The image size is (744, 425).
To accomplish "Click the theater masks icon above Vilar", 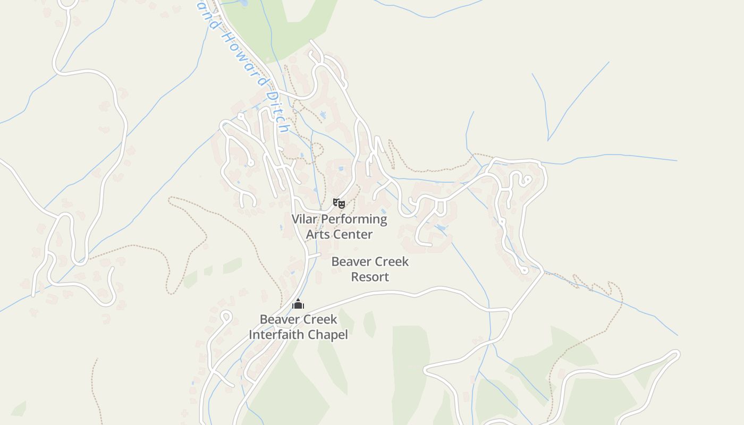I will pyautogui.click(x=339, y=203).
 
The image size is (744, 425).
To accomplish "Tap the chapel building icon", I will pyautogui.click(x=298, y=304).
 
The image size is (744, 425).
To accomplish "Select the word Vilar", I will pyautogui.click(x=305, y=219).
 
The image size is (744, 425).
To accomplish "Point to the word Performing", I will pyautogui.click(x=354, y=219).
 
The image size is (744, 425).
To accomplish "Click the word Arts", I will pyautogui.click(x=318, y=234).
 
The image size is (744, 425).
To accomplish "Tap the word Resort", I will pyautogui.click(x=370, y=277).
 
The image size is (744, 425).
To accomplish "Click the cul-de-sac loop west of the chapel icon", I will pyautogui.click(x=226, y=317).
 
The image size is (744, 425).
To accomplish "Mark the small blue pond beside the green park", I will pyautogui.click(x=243, y=3).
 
